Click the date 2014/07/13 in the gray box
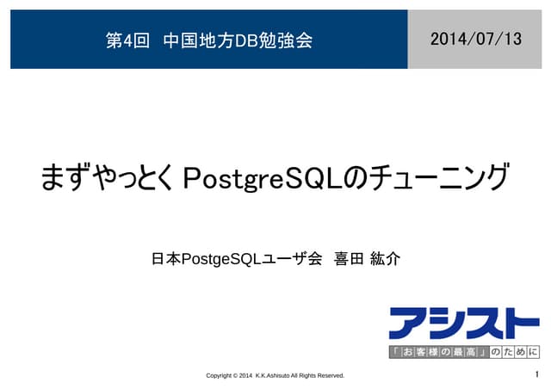point(475,39)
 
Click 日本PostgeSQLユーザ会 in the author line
point(236,258)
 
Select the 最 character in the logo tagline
point(455,352)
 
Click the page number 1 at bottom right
point(536,374)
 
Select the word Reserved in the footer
point(328,376)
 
